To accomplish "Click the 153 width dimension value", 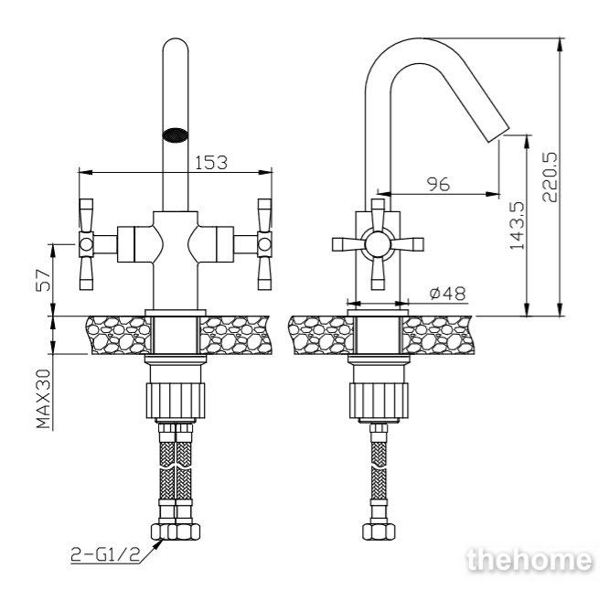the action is (211, 162).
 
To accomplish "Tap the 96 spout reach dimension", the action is (438, 184).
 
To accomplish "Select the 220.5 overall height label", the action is (550, 177).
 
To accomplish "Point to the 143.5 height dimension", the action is (517, 225).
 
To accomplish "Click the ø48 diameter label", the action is (447, 294).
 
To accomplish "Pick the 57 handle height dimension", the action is (43, 280).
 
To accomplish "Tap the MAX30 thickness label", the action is (44, 399).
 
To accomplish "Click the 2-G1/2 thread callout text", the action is (105, 554).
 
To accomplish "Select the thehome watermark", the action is (529, 560).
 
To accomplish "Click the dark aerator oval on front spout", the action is (176, 134).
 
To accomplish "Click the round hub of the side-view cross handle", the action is (378, 244).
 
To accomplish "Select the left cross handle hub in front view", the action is (86, 244).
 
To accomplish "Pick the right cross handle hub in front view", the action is (264, 244).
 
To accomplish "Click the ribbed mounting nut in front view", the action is (176, 401).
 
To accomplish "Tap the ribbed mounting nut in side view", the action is (379, 401).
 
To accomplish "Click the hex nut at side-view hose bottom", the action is (379, 531).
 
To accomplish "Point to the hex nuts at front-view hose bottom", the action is (176, 531).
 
